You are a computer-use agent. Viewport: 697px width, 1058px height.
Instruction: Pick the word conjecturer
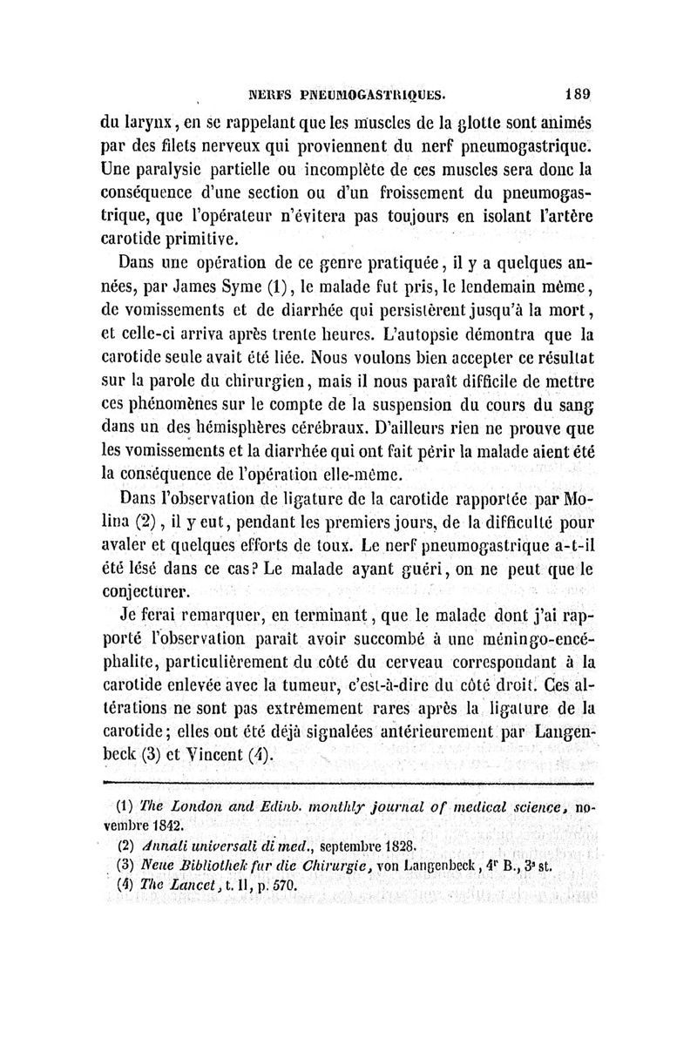[152, 593]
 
